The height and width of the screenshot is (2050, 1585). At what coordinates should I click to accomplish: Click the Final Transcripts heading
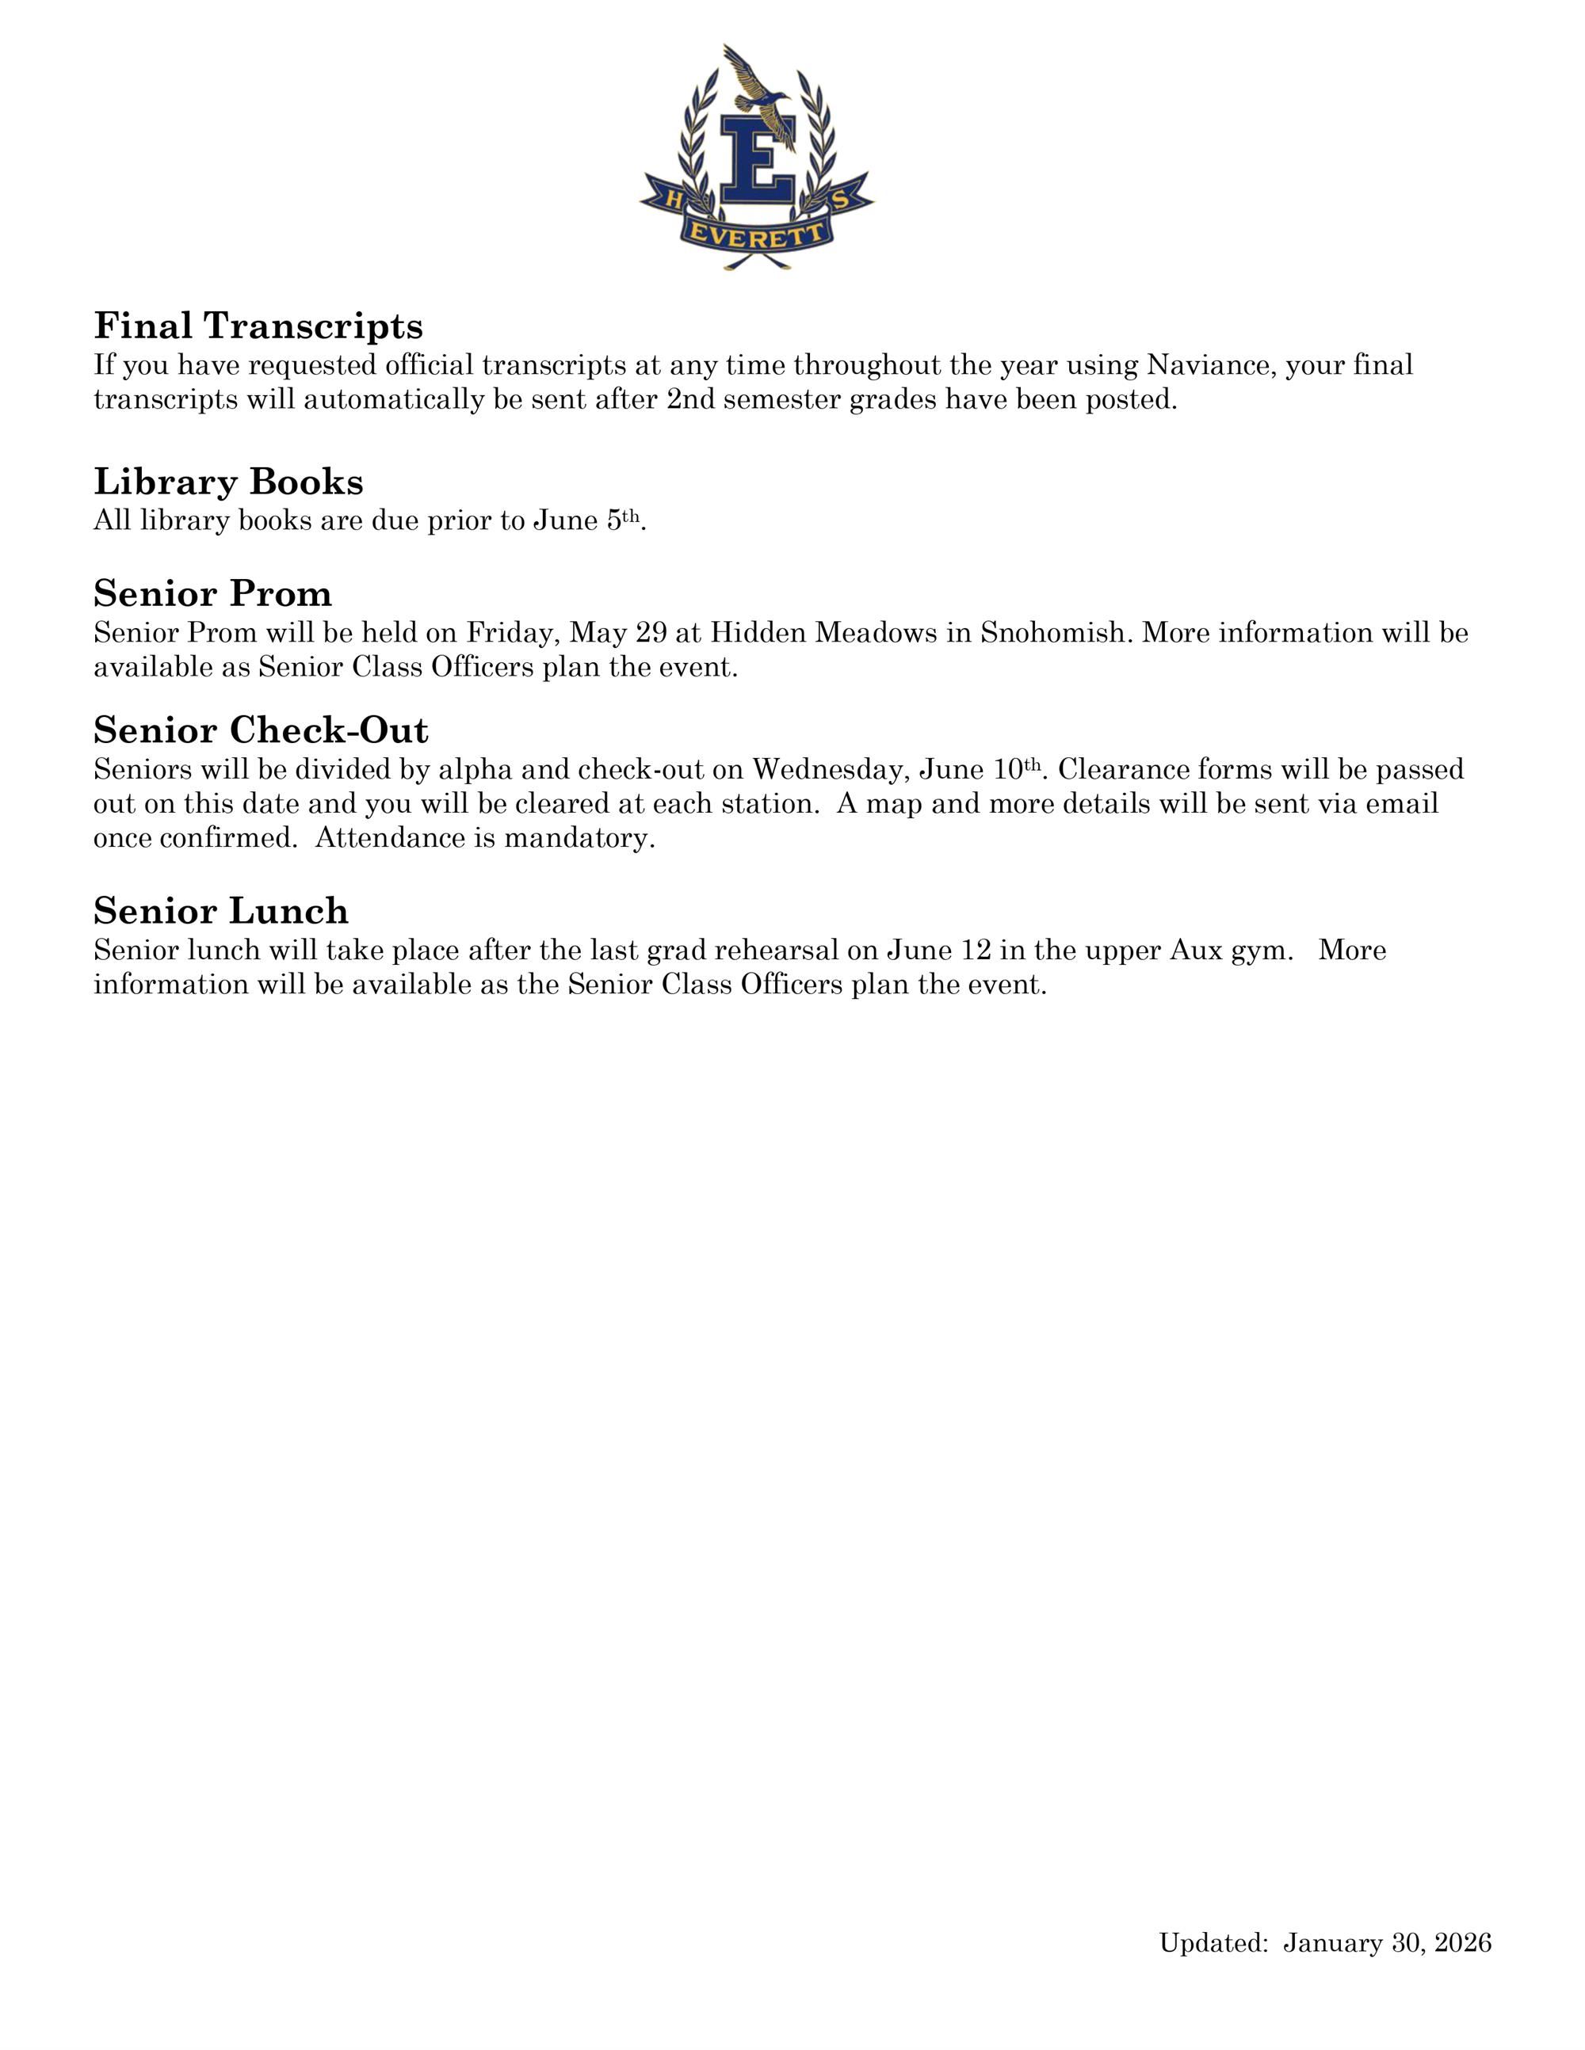pyautogui.click(x=258, y=326)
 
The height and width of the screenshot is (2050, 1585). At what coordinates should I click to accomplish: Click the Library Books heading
pyautogui.click(x=228, y=482)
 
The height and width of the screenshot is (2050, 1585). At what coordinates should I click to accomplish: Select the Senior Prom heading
pyautogui.click(x=212, y=594)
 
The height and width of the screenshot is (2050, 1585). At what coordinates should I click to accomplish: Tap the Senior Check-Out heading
pyautogui.click(x=260, y=730)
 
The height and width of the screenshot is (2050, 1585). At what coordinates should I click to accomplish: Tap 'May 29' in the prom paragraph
pyautogui.click(x=618, y=634)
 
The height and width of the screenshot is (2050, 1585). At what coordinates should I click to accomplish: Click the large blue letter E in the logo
pyautogui.click(x=757, y=158)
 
